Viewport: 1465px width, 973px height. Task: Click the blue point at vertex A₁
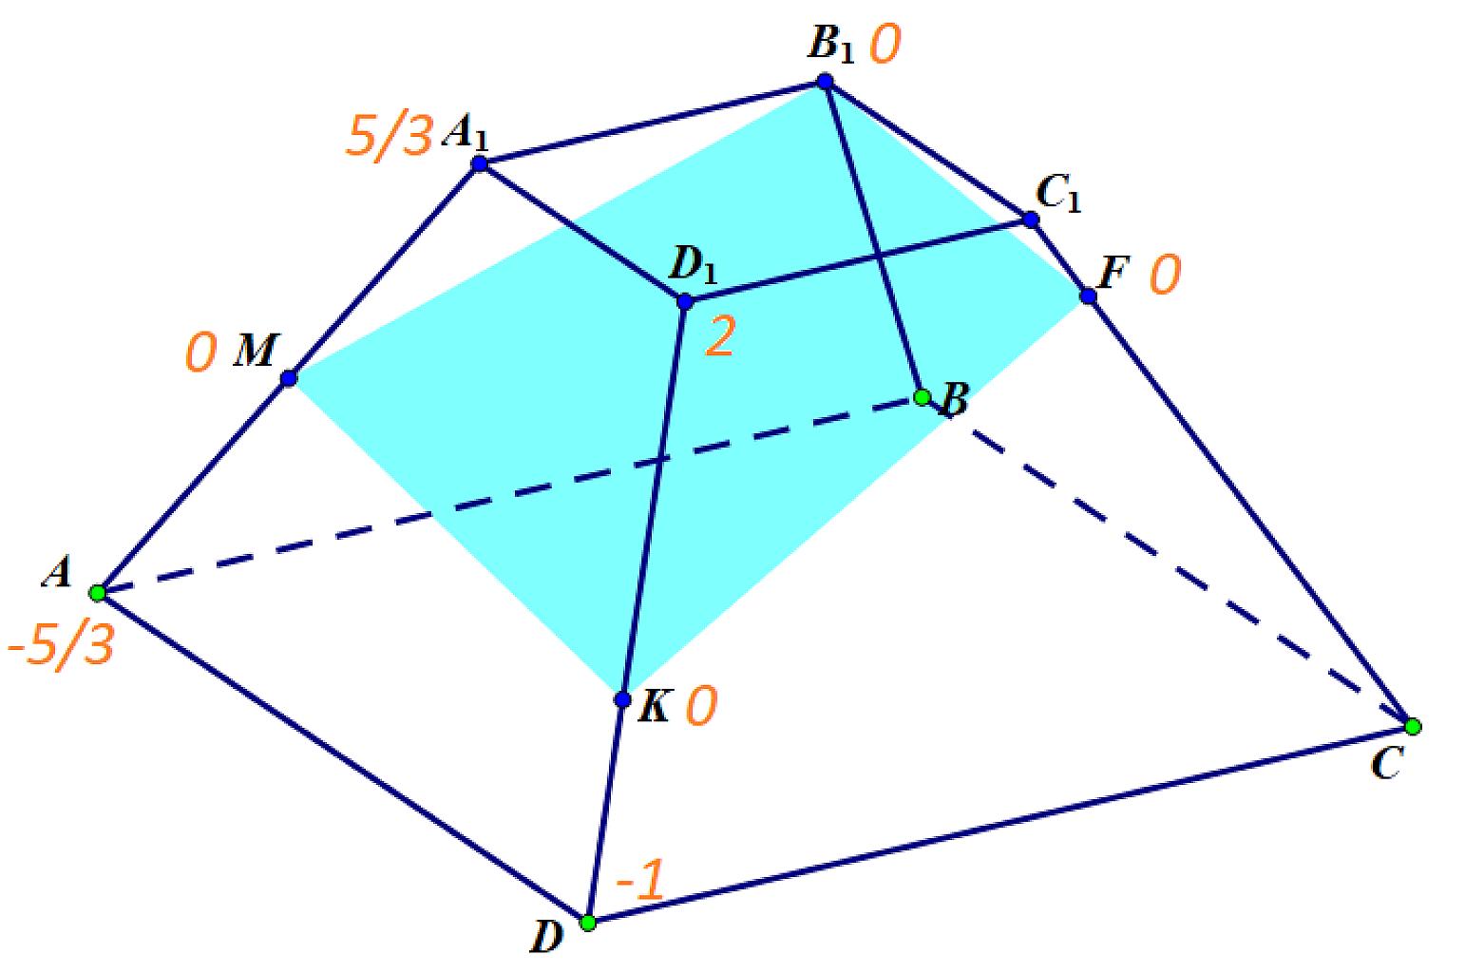[x=480, y=163]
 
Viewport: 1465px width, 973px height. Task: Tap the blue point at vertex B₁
[x=825, y=81]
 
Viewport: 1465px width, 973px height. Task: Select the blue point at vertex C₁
[x=1031, y=219]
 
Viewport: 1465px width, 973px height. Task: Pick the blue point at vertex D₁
[x=685, y=301]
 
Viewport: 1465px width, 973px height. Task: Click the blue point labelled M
[x=289, y=378]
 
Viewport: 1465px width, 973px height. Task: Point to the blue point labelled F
[x=1088, y=296]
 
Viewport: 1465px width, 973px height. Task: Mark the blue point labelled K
[x=622, y=699]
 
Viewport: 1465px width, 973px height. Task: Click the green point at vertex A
[x=98, y=593]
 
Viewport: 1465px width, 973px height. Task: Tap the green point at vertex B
[x=923, y=397]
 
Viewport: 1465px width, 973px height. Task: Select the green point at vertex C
[x=1413, y=727]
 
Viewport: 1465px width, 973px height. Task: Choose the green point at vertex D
[x=588, y=923]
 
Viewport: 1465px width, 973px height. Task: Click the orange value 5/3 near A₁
[x=390, y=136]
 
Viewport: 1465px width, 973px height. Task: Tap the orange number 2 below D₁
[x=720, y=337]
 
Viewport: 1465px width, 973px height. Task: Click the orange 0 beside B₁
[x=885, y=45]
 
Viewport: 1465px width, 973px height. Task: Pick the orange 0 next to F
[x=1165, y=276]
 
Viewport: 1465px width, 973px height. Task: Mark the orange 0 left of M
[x=200, y=353]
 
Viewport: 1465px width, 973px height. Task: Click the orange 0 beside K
[x=701, y=706]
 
